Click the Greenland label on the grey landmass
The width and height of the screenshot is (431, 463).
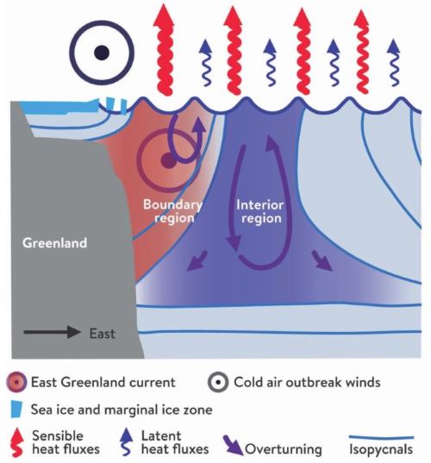(x=54, y=243)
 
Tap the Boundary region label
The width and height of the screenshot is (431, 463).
(x=172, y=211)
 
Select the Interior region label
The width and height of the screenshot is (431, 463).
(x=259, y=211)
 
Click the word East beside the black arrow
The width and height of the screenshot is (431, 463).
(x=102, y=334)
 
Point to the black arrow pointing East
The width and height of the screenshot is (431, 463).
(x=52, y=332)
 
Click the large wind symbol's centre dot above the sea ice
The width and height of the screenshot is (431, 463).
(x=102, y=53)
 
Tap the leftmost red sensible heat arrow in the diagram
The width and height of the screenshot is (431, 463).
(x=165, y=49)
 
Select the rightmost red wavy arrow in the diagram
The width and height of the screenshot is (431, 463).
(x=361, y=51)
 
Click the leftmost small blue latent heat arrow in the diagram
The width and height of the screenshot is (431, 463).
(x=205, y=63)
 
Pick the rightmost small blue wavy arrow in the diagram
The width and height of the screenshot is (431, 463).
(x=394, y=63)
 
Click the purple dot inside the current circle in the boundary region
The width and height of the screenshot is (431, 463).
(x=168, y=161)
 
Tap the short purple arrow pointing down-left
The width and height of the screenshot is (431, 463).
(x=197, y=260)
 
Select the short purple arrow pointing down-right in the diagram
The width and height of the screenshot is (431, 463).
(x=322, y=260)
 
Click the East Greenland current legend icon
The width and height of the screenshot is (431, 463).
(x=16, y=382)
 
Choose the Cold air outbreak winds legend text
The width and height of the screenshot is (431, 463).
(x=307, y=382)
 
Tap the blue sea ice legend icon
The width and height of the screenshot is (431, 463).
(x=16, y=410)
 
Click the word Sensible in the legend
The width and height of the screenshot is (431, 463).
(x=58, y=435)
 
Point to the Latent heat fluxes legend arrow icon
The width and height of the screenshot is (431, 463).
(x=128, y=441)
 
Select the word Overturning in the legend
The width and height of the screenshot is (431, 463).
(x=284, y=449)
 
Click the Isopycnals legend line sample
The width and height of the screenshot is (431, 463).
(x=381, y=437)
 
